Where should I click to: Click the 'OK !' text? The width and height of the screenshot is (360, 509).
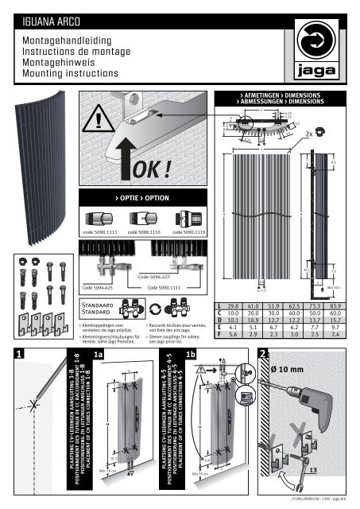pyautogui.click(x=145, y=169)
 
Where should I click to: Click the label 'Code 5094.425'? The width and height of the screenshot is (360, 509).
pyautogui.click(x=99, y=286)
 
